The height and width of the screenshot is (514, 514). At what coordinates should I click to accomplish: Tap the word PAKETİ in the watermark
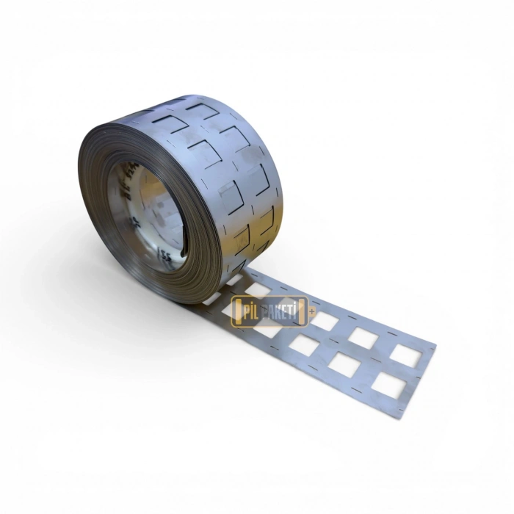click(x=283, y=311)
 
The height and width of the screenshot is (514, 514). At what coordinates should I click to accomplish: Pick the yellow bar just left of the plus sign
click(x=305, y=311)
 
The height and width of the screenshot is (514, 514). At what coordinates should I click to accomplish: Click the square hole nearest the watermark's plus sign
click(x=324, y=321)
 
